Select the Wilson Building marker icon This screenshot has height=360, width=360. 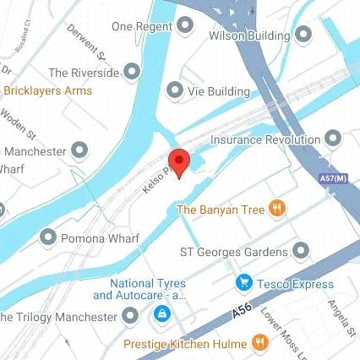pos(303,35)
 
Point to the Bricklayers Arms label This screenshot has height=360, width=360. pos(48,90)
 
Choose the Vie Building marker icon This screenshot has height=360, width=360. pos(175,90)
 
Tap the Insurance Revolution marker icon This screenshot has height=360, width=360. pos(333,138)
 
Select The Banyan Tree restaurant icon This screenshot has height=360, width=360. pos(275,209)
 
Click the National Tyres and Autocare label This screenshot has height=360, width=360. pos(139,289)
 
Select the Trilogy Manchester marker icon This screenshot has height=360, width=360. pos(130,317)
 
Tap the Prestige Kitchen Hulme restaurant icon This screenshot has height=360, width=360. pos(261,344)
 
